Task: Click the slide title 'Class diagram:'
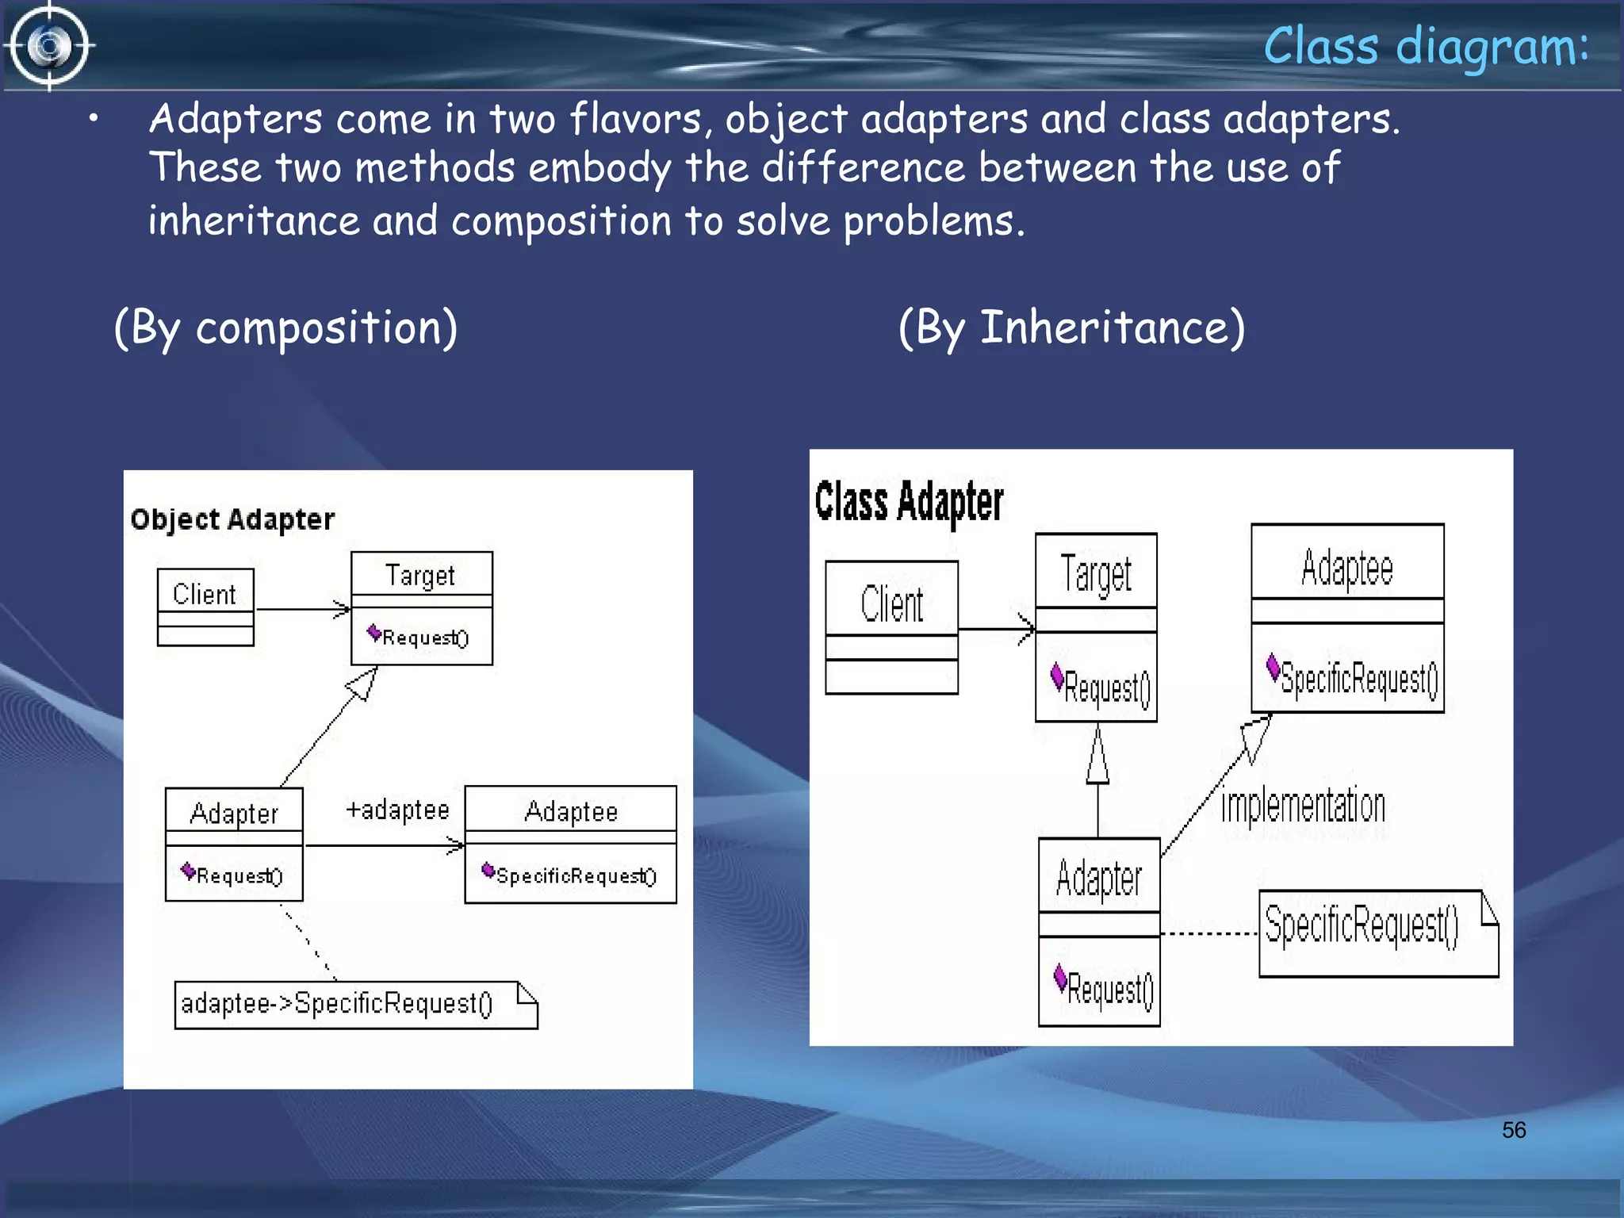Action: coord(1426,46)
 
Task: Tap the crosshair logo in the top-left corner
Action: coord(49,46)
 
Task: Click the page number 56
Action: coord(1513,1130)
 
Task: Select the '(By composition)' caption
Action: coord(285,327)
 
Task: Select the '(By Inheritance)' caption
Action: coord(1071,327)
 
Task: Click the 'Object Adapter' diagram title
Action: coord(232,519)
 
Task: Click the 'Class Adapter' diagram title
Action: coord(909,502)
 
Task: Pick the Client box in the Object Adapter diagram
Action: coord(205,607)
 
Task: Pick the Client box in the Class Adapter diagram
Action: coord(891,626)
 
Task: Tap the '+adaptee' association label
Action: coord(397,810)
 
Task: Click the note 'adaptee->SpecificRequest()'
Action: coord(355,1005)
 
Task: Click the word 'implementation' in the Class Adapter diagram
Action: coord(1303,806)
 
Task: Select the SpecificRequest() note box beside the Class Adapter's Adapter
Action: coord(1377,933)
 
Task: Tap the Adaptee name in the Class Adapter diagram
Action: coord(1346,568)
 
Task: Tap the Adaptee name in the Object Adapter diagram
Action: coord(571,811)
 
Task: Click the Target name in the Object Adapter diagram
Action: coord(420,575)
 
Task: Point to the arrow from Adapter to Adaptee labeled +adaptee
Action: coord(385,846)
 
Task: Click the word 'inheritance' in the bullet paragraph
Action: coord(254,221)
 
